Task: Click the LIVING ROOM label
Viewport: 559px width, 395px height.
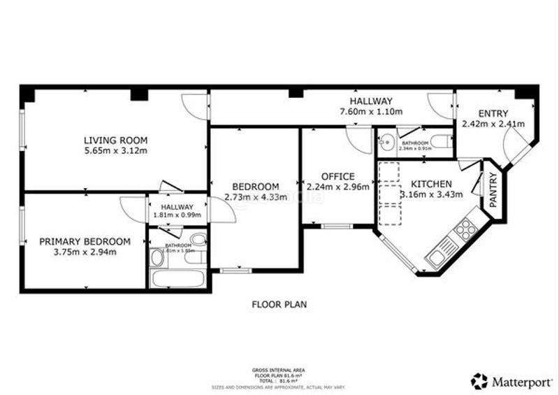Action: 115,140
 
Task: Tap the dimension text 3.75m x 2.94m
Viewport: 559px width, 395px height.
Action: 85,252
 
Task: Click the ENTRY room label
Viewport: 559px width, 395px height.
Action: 493,114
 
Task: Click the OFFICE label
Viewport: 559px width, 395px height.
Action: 337,176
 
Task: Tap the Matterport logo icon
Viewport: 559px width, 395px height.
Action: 479,381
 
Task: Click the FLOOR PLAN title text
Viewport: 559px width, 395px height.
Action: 279,305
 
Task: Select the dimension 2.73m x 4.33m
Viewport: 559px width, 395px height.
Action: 256,197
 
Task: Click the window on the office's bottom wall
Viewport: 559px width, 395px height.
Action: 337,225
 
